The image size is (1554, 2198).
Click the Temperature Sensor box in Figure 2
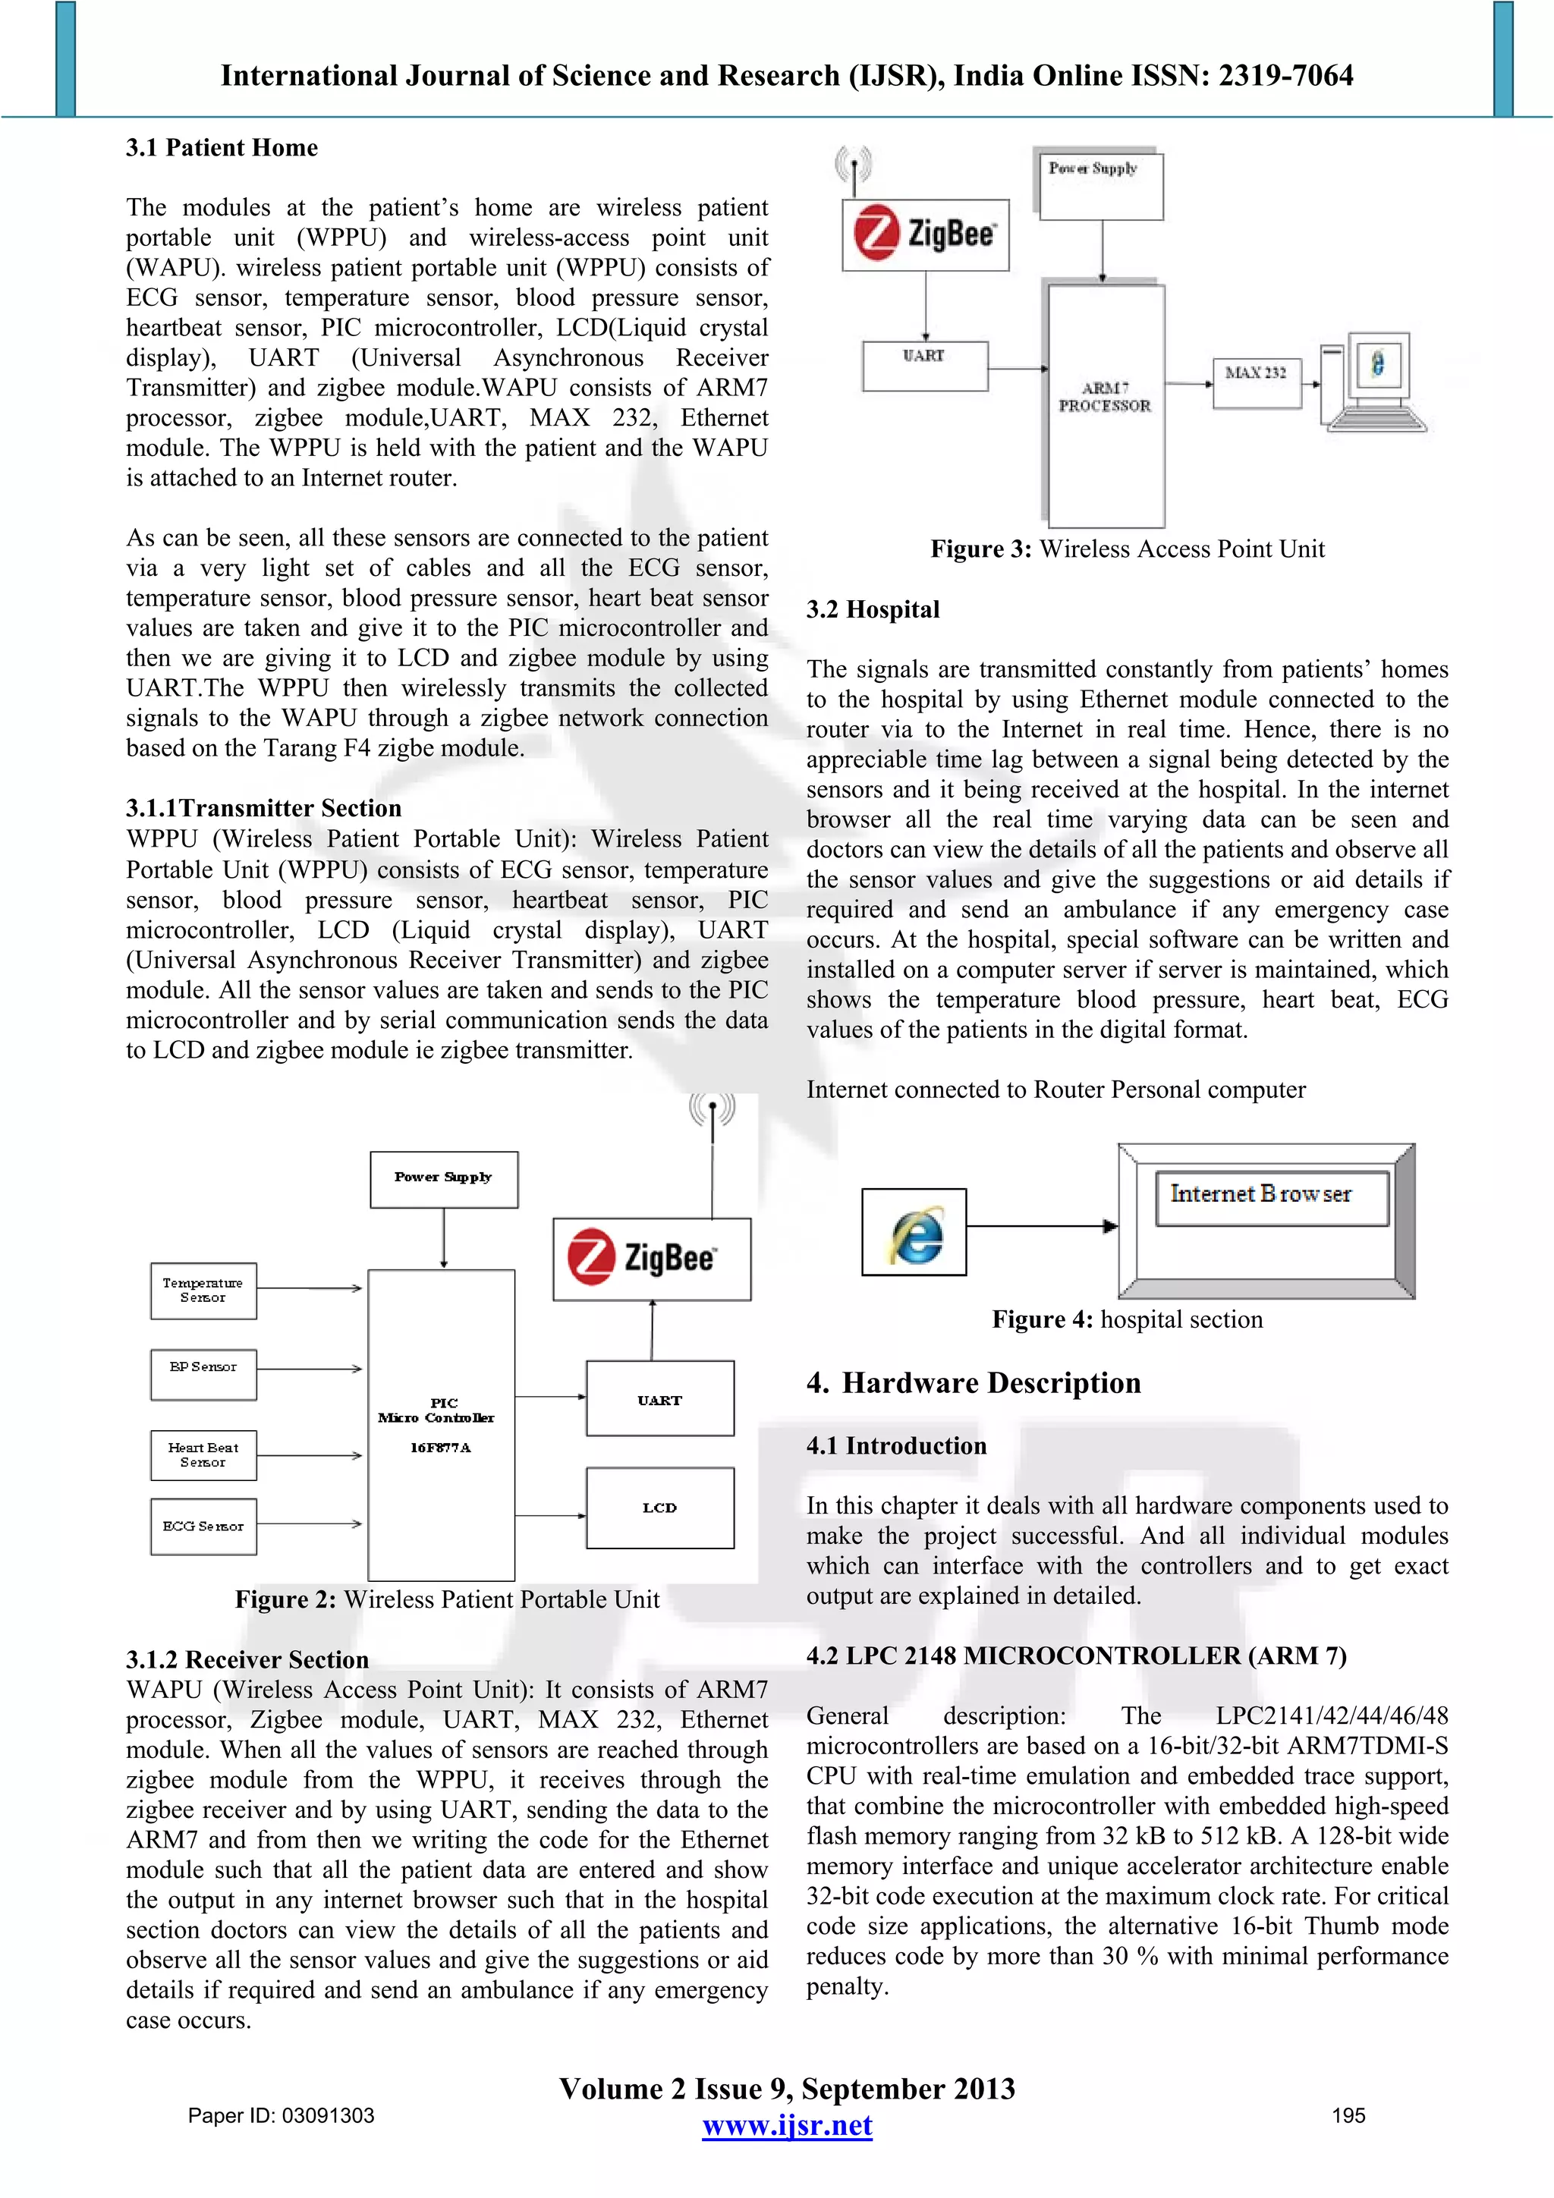(203, 1291)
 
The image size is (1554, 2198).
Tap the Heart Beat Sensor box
(203, 1455)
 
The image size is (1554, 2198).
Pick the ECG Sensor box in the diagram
(203, 1526)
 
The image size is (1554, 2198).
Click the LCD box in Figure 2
(659, 1508)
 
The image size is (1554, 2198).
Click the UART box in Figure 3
(924, 366)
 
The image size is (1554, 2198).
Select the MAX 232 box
(1257, 382)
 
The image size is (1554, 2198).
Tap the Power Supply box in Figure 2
(443, 1179)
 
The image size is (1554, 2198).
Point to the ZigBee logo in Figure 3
(925, 234)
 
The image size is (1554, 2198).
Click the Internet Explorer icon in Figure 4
(914, 1232)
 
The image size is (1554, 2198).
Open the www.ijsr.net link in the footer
(787, 2125)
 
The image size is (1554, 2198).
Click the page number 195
(1348, 2115)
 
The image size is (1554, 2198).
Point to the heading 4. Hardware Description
(974, 1382)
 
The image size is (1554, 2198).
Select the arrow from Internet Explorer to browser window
(1042, 1226)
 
